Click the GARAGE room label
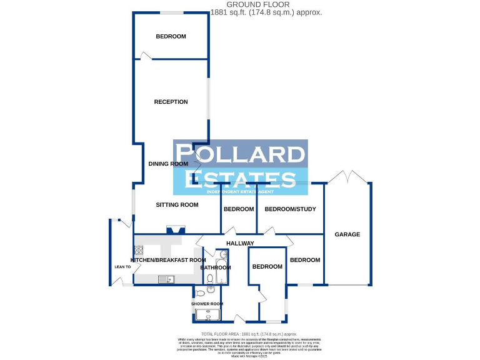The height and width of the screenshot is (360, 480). pyautogui.click(x=347, y=234)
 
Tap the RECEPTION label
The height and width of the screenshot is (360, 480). pyautogui.click(x=171, y=102)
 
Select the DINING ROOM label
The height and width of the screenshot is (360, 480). pyautogui.click(x=168, y=164)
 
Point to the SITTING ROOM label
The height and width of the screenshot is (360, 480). pyautogui.click(x=177, y=204)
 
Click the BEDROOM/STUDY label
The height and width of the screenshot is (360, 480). pyautogui.click(x=290, y=209)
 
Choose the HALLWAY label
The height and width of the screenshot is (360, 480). pyautogui.click(x=241, y=243)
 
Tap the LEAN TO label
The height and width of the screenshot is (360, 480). pyautogui.click(x=122, y=267)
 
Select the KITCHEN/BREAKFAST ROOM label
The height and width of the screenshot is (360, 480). pyautogui.click(x=167, y=259)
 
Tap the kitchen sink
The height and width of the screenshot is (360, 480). pyautogui.click(x=166, y=279)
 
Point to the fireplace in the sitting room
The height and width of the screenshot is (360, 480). pyautogui.click(x=171, y=230)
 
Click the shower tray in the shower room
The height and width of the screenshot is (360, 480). pyautogui.click(x=207, y=314)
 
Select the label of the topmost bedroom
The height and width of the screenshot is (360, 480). pyautogui.click(x=171, y=36)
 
